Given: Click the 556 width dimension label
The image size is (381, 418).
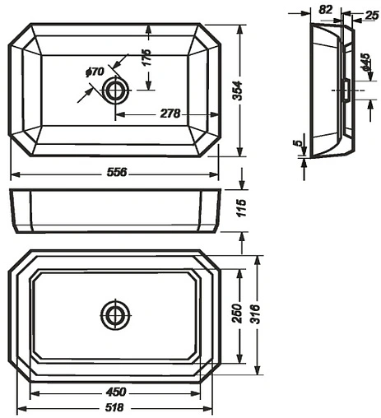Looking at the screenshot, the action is tap(117, 172).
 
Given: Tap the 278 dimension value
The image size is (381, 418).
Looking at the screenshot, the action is tap(170, 114).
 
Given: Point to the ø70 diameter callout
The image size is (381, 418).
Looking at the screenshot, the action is tap(95, 72).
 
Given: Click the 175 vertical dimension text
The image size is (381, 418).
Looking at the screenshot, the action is tap(146, 58).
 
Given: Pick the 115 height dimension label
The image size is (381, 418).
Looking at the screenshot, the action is tap(242, 208).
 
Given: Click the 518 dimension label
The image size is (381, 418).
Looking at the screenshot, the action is tap(114, 407).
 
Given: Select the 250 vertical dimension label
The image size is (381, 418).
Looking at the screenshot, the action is tap(237, 313).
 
